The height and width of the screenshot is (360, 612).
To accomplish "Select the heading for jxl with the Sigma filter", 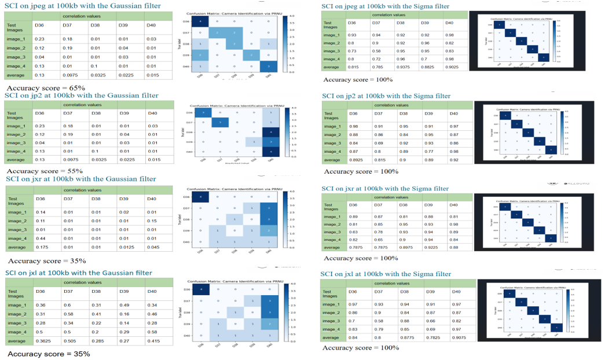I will click(x=386, y=274).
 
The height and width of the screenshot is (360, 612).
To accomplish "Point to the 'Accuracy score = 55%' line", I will click(x=44, y=171).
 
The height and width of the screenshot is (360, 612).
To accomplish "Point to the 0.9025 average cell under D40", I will click(x=455, y=67).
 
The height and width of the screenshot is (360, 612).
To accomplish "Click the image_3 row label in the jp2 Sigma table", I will click(x=334, y=142).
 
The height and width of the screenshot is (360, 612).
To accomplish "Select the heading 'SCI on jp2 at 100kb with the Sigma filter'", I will click(x=386, y=95).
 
